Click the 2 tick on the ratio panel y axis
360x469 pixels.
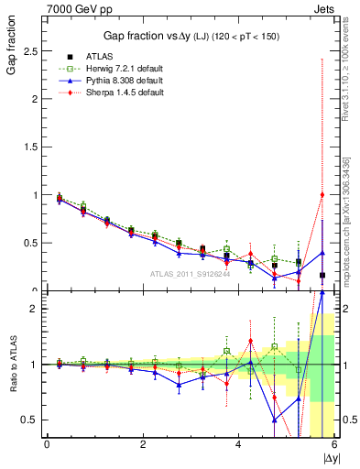35,309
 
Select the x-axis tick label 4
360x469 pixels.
239,444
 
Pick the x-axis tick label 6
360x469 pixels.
334,444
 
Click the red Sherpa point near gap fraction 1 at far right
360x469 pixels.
322,194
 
